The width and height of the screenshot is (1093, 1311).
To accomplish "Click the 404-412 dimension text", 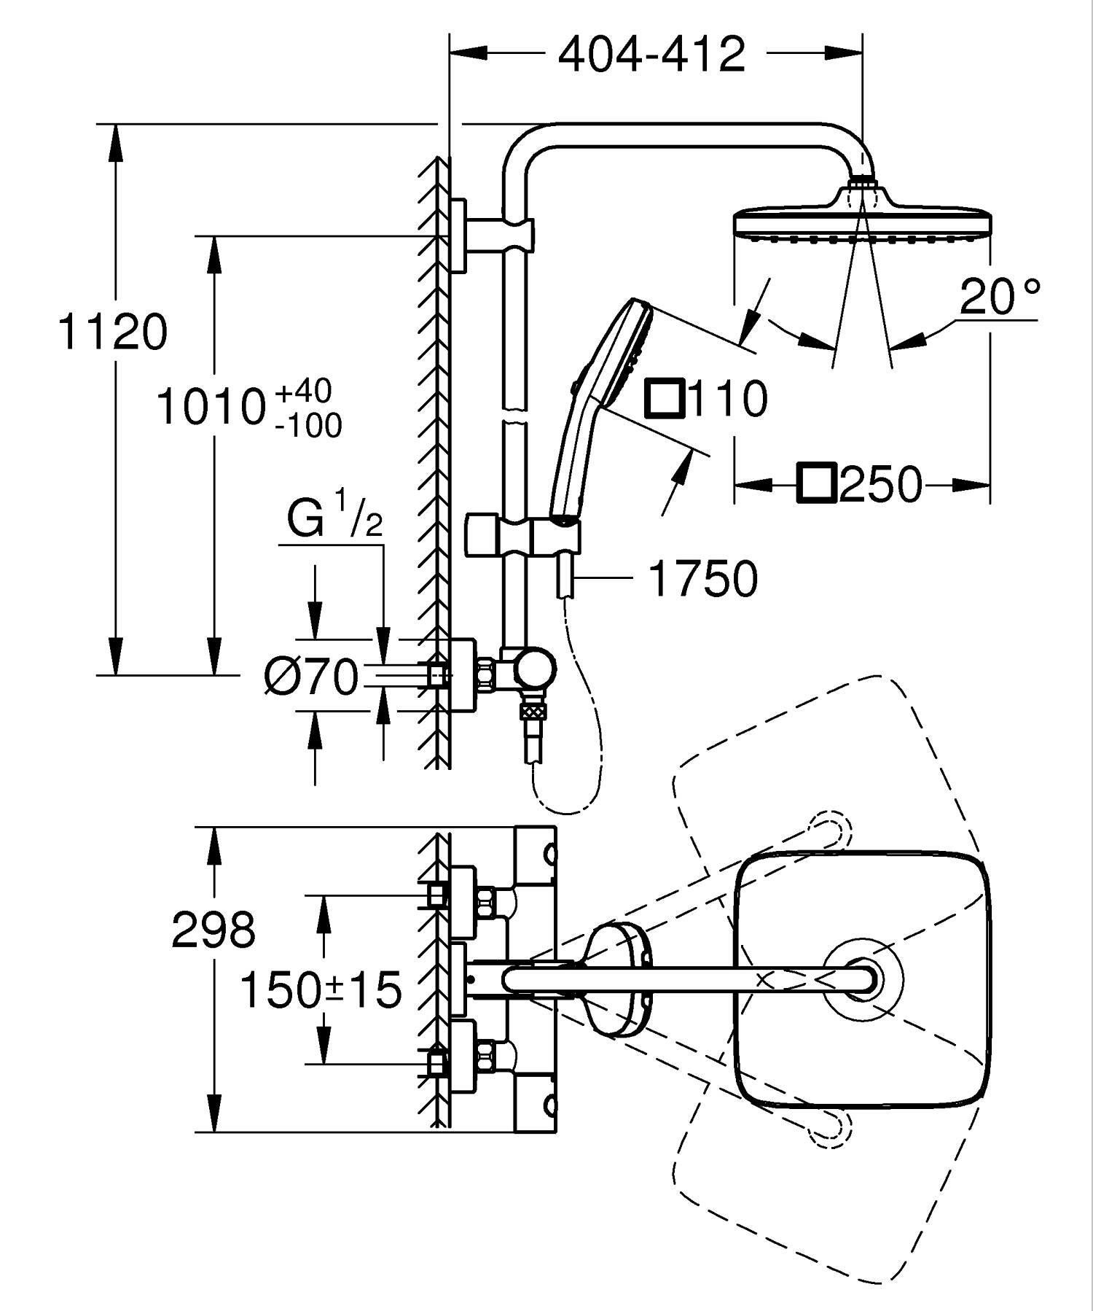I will coord(651,55).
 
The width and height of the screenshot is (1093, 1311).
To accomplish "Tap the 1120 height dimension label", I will coord(113,332).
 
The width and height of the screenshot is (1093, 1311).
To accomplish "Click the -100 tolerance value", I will coord(308,425).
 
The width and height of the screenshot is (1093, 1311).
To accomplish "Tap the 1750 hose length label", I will coord(702,580).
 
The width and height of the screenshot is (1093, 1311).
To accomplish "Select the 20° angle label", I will coord(999,297).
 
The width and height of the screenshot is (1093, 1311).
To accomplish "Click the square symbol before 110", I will coord(663,399).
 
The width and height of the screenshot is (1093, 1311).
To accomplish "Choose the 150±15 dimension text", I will coord(321,990).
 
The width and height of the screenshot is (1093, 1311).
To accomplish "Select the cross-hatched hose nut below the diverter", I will coord(533,709).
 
